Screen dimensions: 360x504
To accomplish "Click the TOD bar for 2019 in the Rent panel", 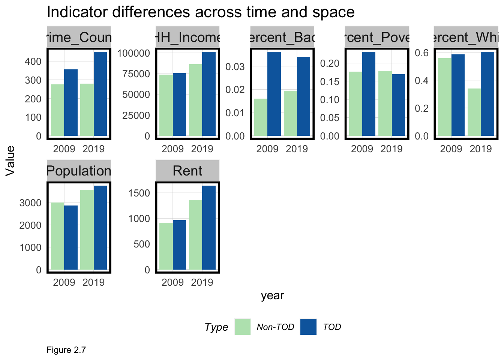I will click(209, 228).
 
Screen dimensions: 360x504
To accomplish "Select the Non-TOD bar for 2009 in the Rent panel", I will click(166, 246).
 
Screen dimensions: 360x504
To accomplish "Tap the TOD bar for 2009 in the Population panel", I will click(71, 237).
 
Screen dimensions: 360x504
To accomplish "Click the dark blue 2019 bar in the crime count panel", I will click(100, 94).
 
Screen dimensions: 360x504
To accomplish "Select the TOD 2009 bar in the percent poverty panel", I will click(369, 94).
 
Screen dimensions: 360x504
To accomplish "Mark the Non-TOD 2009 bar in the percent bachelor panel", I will click(261, 117).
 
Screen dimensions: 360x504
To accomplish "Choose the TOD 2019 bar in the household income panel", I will click(209, 94).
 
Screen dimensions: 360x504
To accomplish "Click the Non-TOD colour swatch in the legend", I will click(243, 327).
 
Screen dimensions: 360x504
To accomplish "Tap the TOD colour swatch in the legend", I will click(308, 327).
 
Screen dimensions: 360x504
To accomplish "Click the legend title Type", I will click(216, 327).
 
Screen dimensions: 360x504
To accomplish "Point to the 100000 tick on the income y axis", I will click(134, 53).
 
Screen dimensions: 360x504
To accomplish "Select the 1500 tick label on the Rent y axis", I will click(139, 193).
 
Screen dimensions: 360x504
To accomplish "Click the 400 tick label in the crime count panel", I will click(33, 61).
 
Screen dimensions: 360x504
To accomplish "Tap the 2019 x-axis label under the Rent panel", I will click(202, 282).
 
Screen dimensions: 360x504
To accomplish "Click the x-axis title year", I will click(273, 295).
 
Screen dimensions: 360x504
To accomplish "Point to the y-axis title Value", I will click(10, 160).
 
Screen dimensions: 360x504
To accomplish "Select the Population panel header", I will click(79, 171).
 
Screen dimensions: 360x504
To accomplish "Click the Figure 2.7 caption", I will click(66, 350).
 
